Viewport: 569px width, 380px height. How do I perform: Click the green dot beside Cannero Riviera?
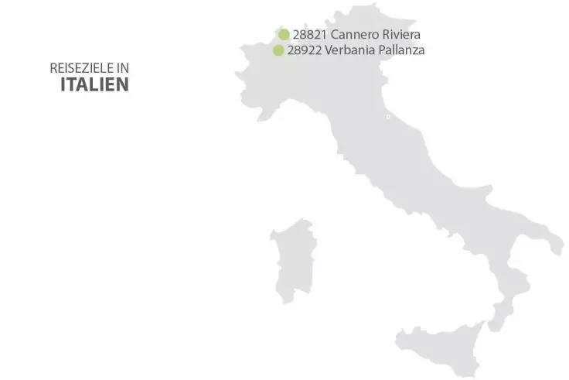pos(284,34)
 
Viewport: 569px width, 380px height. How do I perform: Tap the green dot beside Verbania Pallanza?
pos(278,50)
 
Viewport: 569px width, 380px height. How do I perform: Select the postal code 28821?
pos(309,35)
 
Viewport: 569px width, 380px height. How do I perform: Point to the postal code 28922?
pos(304,50)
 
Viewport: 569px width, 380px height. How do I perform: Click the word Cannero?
pos(353,35)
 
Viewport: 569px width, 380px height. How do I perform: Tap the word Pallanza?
pos(401,50)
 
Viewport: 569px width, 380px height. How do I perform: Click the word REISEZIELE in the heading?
pos(77,69)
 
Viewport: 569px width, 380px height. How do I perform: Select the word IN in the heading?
pos(122,69)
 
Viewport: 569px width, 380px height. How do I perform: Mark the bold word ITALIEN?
pos(95,85)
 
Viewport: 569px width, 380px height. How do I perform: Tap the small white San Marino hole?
pos(388,118)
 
